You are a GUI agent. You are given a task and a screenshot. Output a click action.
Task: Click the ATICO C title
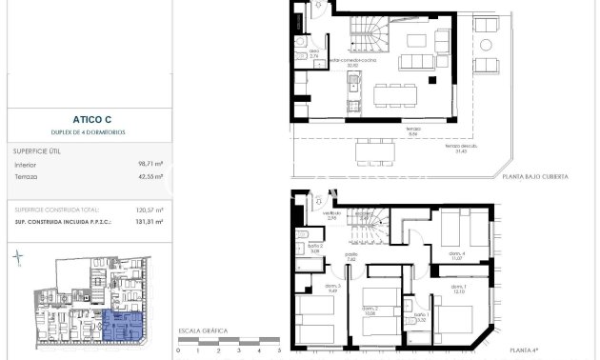click(x=86, y=120)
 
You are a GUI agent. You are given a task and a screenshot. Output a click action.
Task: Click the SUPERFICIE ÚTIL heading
click(x=38, y=150)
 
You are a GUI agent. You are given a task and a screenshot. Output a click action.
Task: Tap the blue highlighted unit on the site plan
click(x=121, y=326)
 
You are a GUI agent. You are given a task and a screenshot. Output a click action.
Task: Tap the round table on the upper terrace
click(x=487, y=44)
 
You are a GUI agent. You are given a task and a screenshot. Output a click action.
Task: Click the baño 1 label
click(x=420, y=317)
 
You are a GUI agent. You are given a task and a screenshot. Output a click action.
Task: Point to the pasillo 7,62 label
click(x=351, y=255)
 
